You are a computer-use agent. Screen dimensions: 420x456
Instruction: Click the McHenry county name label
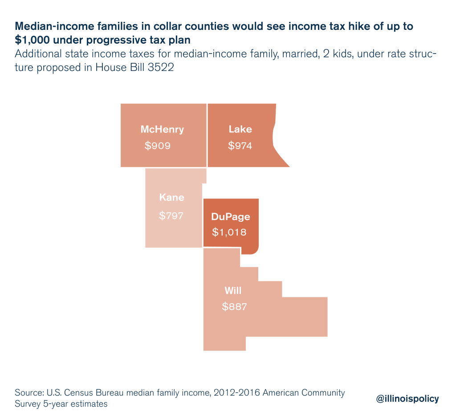162,130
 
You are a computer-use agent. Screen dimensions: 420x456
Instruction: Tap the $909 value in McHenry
158,146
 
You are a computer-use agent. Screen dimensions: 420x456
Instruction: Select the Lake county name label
240,130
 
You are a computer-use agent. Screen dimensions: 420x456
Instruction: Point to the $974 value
240,146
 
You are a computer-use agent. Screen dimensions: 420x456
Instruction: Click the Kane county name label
171,198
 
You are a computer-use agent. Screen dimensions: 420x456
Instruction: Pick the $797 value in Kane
171,215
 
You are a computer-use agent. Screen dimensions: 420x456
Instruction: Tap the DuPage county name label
230,217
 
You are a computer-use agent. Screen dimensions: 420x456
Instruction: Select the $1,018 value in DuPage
229,232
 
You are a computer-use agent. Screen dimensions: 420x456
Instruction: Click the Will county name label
233,291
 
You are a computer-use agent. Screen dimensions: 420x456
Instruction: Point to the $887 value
234,307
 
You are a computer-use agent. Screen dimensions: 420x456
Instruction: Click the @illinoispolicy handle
407,399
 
